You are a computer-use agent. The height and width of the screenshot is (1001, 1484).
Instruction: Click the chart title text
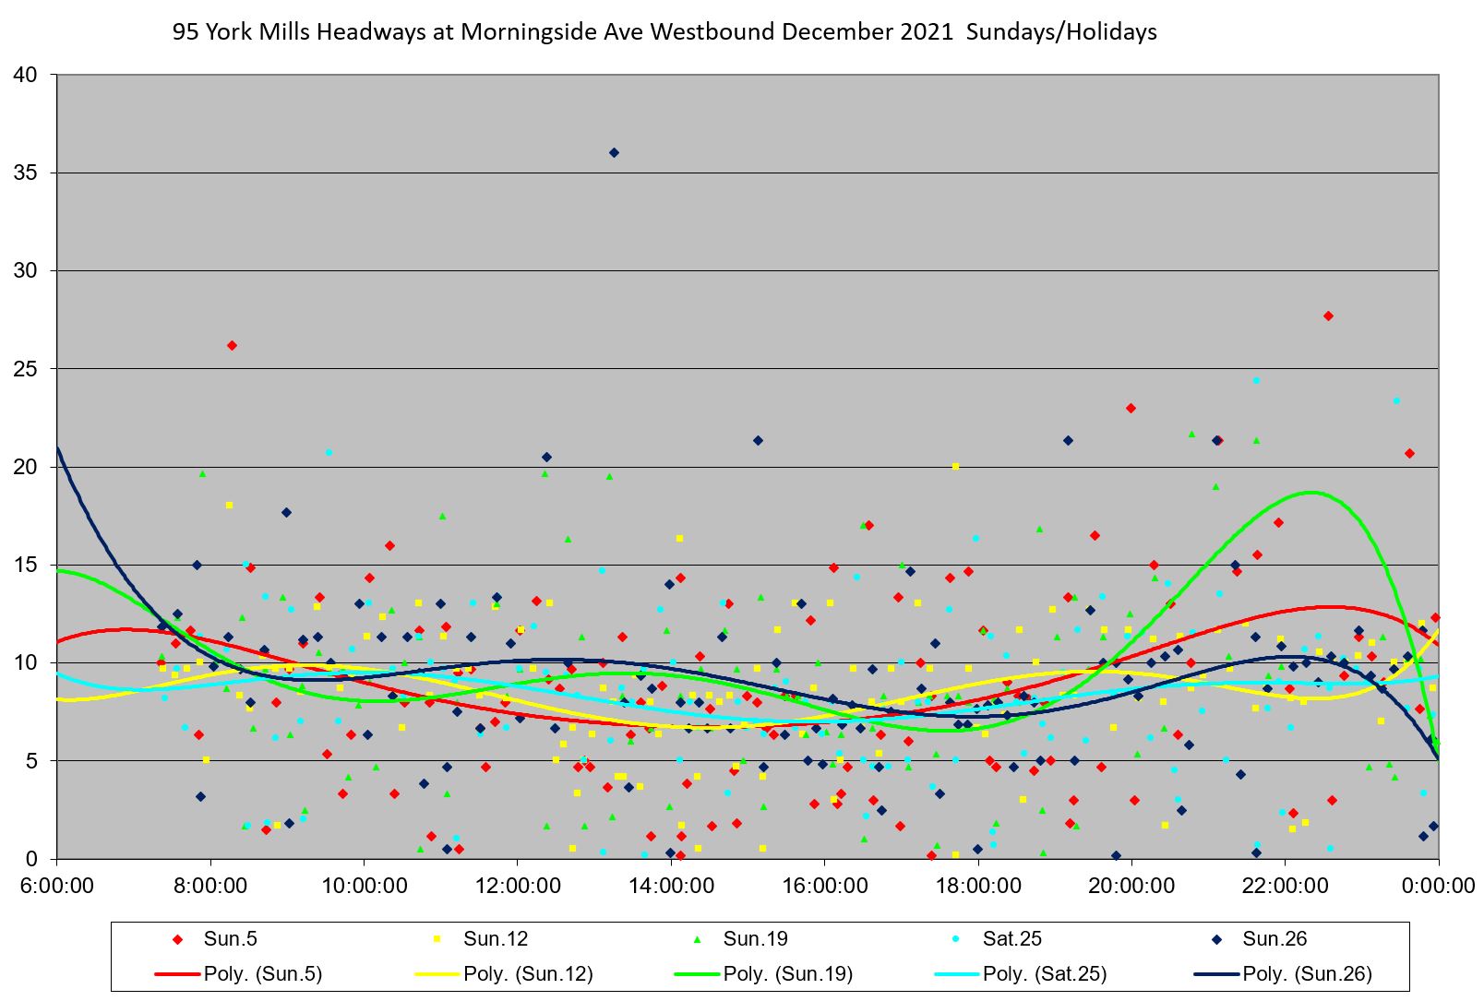pos(664,32)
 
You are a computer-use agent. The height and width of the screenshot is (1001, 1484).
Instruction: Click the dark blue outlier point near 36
pos(614,152)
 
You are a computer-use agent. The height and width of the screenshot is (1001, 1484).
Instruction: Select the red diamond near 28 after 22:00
pos(1328,316)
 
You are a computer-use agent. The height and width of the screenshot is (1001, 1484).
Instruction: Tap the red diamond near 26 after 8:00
pos(232,345)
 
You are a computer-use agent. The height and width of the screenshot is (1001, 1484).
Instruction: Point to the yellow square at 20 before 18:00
pos(955,466)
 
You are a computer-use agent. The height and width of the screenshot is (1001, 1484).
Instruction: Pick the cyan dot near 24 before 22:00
pos(1256,380)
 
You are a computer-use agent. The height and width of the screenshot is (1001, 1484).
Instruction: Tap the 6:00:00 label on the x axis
pos(57,887)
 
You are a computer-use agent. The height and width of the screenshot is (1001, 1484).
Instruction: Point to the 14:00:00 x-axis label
pos(671,887)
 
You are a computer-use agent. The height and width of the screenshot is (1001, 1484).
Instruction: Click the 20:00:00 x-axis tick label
pos(1131,887)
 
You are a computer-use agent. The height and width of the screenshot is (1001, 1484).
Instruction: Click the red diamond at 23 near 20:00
pos(1131,408)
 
